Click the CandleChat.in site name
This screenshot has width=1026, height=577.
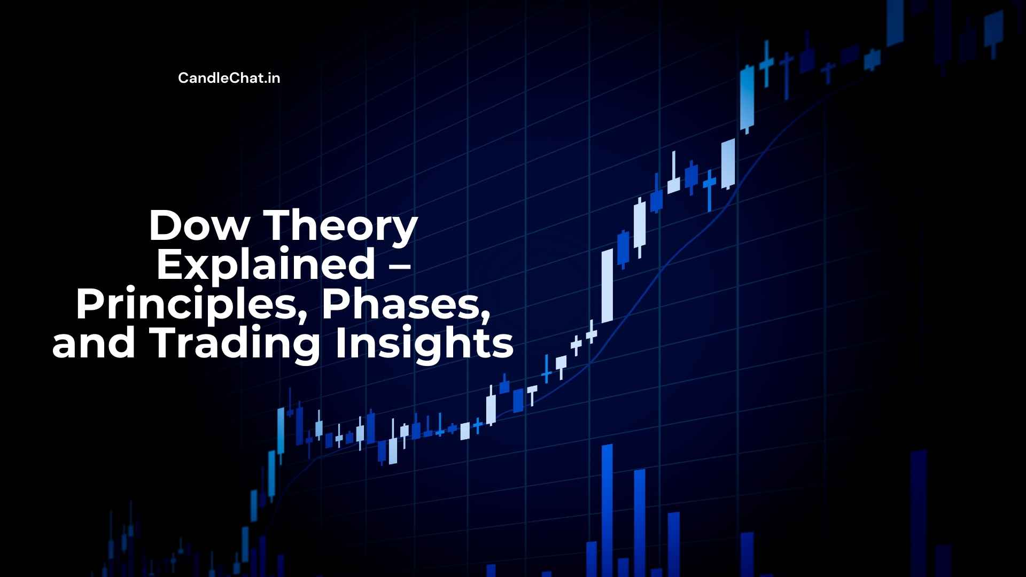point(229,78)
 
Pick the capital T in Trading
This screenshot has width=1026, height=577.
point(165,344)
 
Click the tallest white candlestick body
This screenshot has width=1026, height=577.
point(607,286)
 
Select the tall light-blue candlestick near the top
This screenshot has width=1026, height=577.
point(747,99)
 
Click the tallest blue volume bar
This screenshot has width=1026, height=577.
point(607,510)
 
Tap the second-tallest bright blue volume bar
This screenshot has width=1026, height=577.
point(639,523)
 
